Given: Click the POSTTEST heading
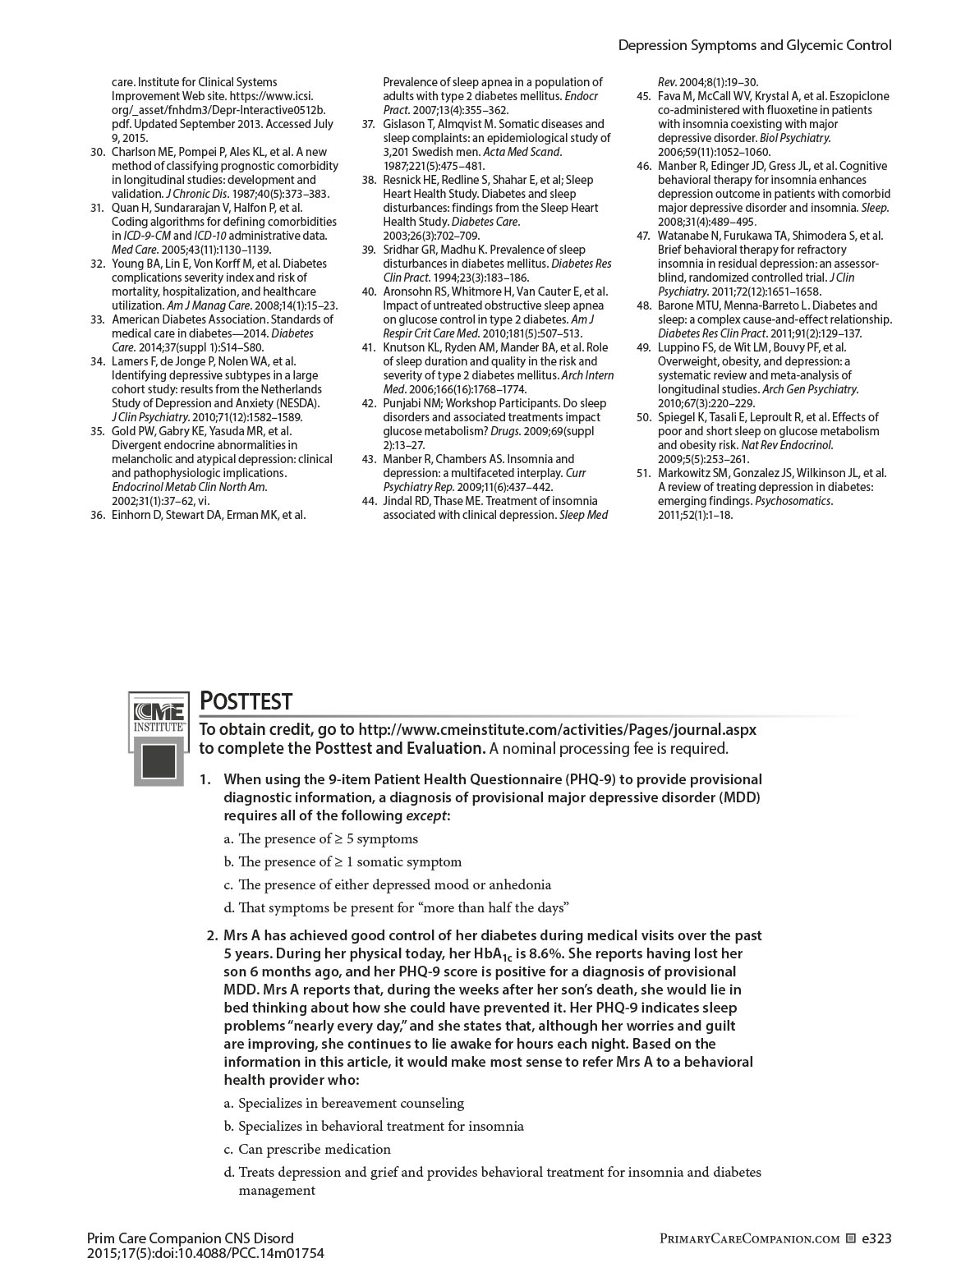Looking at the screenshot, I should pyautogui.click(x=246, y=701).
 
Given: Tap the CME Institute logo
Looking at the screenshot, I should pyautogui.click(x=159, y=739).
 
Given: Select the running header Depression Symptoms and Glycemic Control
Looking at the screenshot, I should pyautogui.click(x=754, y=46).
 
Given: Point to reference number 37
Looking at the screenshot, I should pyautogui.click(x=368, y=124).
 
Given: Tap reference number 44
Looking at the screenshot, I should pyautogui.click(x=368, y=501).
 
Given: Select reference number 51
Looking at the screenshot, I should pyautogui.click(x=643, y=473).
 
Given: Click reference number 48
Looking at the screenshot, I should pyautogui.click(x=643, y=305).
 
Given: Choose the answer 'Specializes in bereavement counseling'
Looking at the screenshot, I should pyautogui.click(x=351, y=1103).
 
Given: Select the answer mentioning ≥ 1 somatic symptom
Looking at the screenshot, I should pyautogui.click(x=349, y=861).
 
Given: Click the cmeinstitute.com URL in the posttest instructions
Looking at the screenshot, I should pyautogui.click(x=558, y=729).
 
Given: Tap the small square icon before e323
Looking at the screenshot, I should pyautogui.click(x=851, y=1238).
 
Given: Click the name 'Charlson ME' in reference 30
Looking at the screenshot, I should pyautogui.click(x=142, y=152).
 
